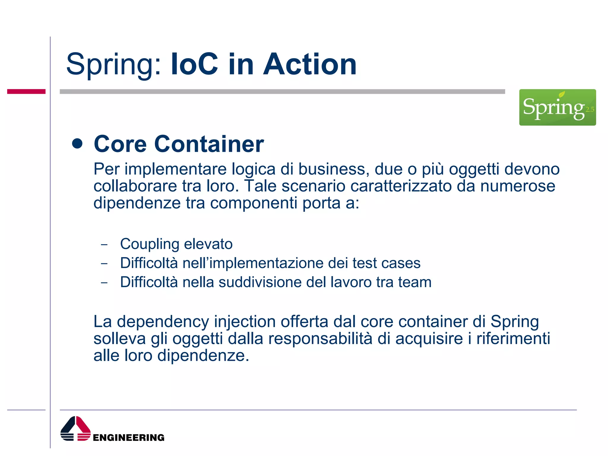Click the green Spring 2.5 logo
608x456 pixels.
(557, 107)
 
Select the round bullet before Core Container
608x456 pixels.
(77, 144)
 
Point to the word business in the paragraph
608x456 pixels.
(334, 169)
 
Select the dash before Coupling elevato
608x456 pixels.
(104, 245)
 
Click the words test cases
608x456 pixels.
(386, 263)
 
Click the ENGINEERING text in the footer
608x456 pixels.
(129, 438)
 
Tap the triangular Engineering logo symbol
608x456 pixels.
(75, 428)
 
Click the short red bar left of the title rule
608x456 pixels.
(26, 91)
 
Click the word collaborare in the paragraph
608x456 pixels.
(135, 186)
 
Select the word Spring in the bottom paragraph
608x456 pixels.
(514, 322)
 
